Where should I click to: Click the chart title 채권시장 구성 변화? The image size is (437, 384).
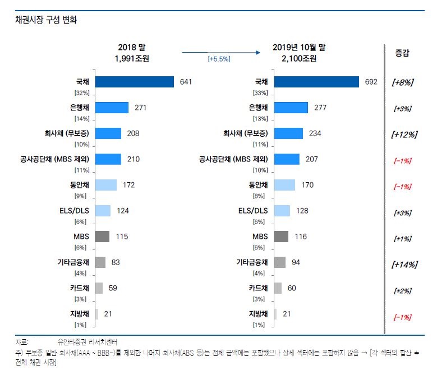(x=47, y=20)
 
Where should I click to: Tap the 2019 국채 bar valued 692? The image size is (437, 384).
(x=316, y=82)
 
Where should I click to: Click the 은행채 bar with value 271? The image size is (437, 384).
(x=112, y=108)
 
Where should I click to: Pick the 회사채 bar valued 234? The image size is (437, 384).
(x=289, y=133)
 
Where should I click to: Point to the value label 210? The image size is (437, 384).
(x=133, y=159)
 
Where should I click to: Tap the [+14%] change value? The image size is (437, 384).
(x=404, y=264)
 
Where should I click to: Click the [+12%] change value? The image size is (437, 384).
(x=404, y=135)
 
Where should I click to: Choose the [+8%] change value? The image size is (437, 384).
(x=402, y=82)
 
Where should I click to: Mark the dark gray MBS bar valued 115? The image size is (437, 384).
(x=102, y=237)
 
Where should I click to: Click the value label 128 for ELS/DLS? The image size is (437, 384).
(x=302, y=211)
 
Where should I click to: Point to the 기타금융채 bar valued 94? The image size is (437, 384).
(x=280, y=262)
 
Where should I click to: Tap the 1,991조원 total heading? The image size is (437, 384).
(x=132, y=58)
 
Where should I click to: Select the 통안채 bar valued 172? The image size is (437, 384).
(x=106, y=185)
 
